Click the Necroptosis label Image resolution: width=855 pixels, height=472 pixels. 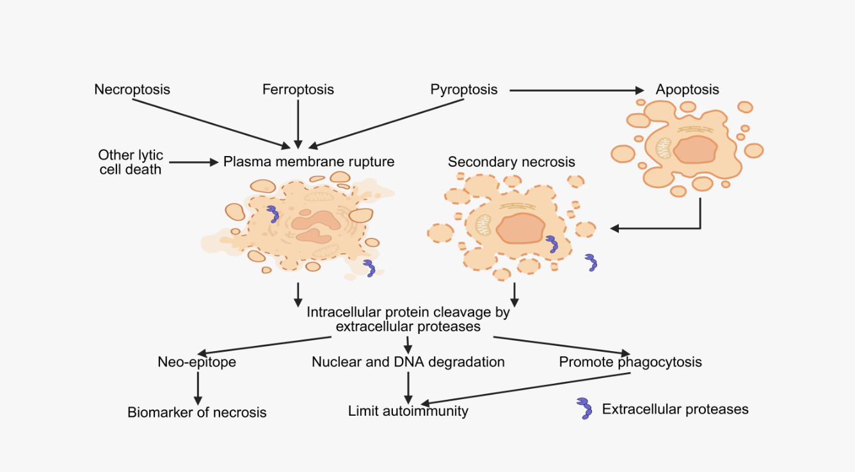pos(132,90)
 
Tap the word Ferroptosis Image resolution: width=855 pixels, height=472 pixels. pos(298,90)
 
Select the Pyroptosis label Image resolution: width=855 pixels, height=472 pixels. pos(464,90)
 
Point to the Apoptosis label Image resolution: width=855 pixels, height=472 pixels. pos(687,90)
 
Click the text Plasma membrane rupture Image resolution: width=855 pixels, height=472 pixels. pos(308,162)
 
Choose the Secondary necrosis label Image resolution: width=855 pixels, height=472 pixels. pos(511,162)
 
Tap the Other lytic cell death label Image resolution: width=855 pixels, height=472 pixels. pos(131,162)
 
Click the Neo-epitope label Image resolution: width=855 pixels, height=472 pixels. pos(196,362)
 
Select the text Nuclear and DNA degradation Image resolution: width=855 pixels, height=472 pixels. pos(408,362)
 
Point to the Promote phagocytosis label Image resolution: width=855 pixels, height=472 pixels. pos(630,362)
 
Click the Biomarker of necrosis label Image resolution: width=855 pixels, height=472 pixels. pos(196,412)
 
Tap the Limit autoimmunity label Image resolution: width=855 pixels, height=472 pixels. pos(408,411)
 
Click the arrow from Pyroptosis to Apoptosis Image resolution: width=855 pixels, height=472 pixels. pos(576,90)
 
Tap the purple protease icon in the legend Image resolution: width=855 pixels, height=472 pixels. pos(584,408)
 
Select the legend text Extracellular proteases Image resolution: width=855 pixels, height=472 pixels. pos(675,409)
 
